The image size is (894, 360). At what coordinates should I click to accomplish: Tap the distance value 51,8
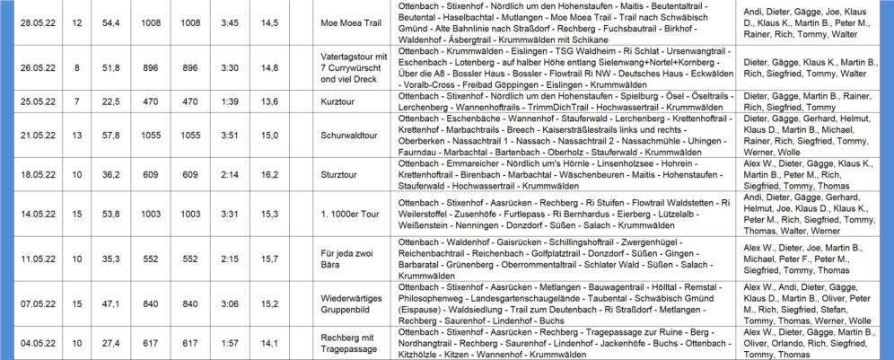click(111, 66)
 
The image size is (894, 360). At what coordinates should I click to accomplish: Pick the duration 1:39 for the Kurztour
click(229, 101)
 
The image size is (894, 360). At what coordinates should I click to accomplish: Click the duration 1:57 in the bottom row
click(229, 342)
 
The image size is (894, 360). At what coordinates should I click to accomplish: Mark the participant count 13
click(77, 135)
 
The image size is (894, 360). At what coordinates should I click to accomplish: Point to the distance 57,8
click(111, 135)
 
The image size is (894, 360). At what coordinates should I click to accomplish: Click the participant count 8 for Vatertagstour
click(77, 66)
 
